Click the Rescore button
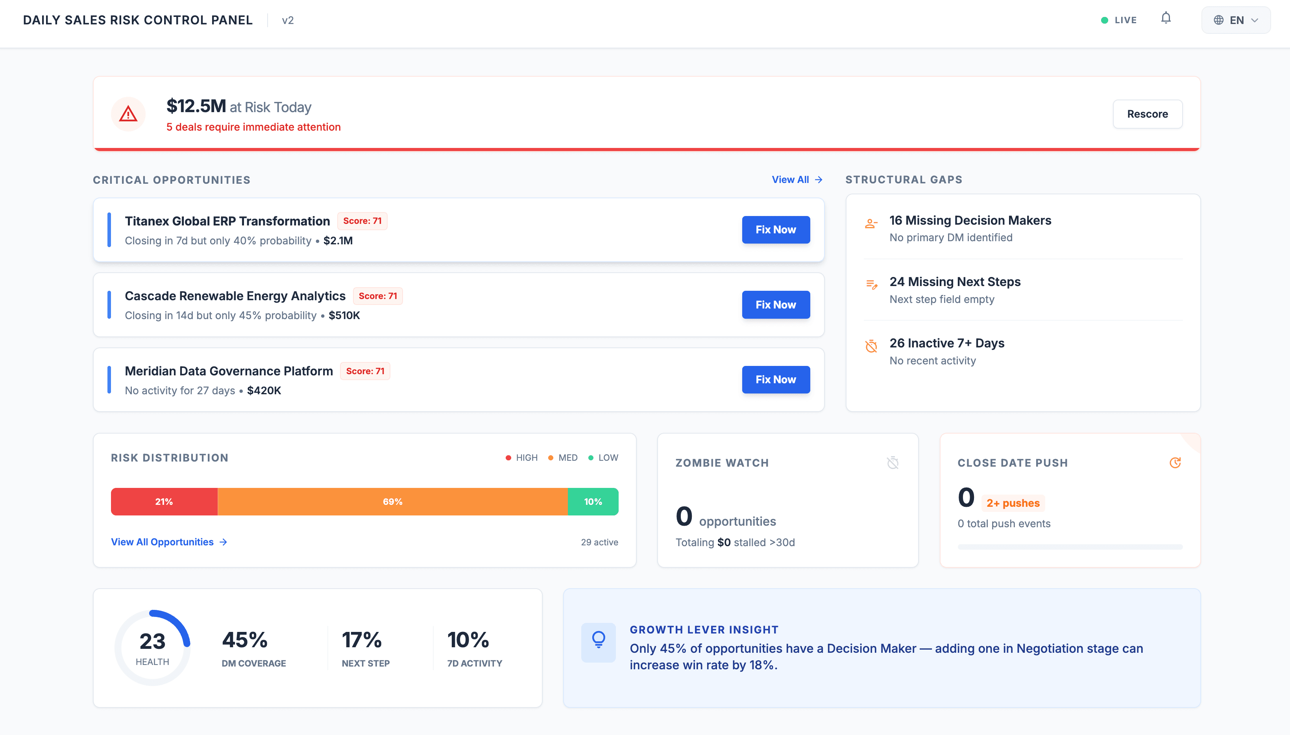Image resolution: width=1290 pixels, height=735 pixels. point(1147,114)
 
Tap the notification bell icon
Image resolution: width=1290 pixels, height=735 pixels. point(1166,18)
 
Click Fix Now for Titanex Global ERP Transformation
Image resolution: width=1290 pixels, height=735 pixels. point(776,230)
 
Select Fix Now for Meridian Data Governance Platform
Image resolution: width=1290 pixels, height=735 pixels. point(776,380)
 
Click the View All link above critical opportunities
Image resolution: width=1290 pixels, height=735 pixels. point(797,180)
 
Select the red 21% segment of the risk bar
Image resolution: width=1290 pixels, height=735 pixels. point(164,501)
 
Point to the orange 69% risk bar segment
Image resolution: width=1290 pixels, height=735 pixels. point(392,501)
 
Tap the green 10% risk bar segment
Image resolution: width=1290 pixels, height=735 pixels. point(593,501)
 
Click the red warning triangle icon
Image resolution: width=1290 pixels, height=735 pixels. point(128,114)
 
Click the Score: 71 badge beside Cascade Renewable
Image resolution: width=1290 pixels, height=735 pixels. point(378,296)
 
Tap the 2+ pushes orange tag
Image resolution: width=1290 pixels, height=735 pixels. point(1013,503)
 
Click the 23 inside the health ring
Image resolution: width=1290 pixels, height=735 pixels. point(152,641)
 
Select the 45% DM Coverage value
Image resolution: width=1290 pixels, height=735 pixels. point(245,640)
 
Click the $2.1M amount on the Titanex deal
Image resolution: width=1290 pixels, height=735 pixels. point(338,241)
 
